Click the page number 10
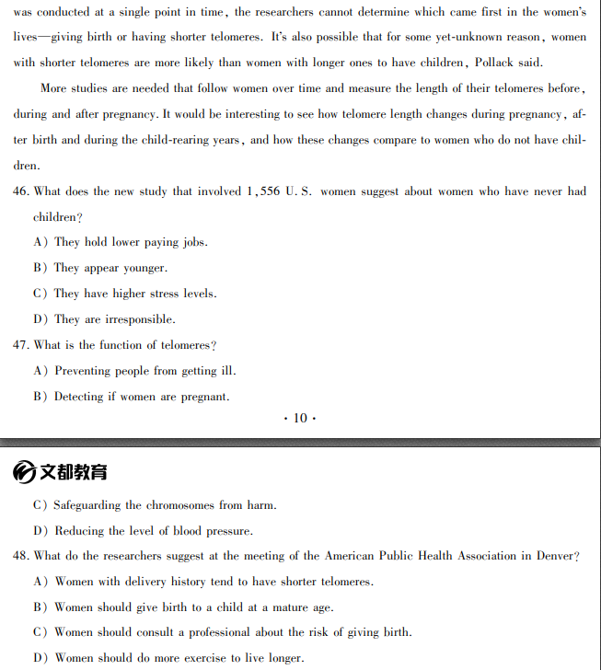300,418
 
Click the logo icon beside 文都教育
25,472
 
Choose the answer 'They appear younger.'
110,268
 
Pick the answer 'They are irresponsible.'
114,319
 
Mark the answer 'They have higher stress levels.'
135,294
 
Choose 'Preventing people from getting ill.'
144,371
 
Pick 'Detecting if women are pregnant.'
142,397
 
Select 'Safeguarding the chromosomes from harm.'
165,505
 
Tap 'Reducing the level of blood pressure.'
153,531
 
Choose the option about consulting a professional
233,632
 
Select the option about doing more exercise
179,658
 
